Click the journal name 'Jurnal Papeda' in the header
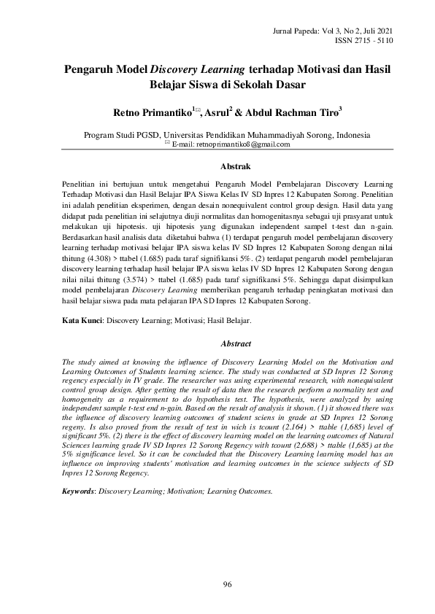click(x=292, y=30)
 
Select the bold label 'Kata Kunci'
click(x=80, y=320)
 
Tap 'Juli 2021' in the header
click(x=375, y=30)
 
